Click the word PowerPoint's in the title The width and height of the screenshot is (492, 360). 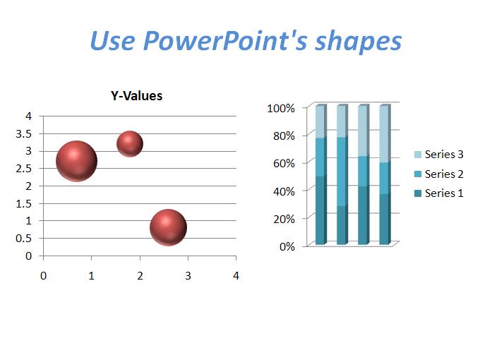pos(224,40)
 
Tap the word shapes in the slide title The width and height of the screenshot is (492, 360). pos(358,42)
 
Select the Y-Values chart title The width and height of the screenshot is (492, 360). pos(136,96)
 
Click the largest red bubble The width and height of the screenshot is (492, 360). pos(76,161)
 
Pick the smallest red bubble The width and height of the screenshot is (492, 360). pos(130,144)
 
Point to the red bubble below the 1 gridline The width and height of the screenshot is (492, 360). pos(168,227)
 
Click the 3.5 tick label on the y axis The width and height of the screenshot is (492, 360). pos(24,133)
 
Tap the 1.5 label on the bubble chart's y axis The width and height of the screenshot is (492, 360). pos(24,204)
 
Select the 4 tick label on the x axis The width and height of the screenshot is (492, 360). pos(236,275)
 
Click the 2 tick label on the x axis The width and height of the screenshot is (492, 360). pos(140,275)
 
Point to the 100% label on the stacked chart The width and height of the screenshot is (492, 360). pos(281,108)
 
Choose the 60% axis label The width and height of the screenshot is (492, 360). pos(284,164)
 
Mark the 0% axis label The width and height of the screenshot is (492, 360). pos(287,246)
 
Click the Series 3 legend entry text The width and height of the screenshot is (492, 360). pos(444,155)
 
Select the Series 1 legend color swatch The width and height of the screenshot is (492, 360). pos(418,193)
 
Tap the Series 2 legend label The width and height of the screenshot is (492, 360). pos(444,174)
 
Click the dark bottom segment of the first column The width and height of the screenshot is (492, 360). pos(320,210)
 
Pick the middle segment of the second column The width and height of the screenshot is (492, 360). pos(342,172)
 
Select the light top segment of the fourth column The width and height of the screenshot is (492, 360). pos(385,133)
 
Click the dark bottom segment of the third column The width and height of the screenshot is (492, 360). pos(364,215)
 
